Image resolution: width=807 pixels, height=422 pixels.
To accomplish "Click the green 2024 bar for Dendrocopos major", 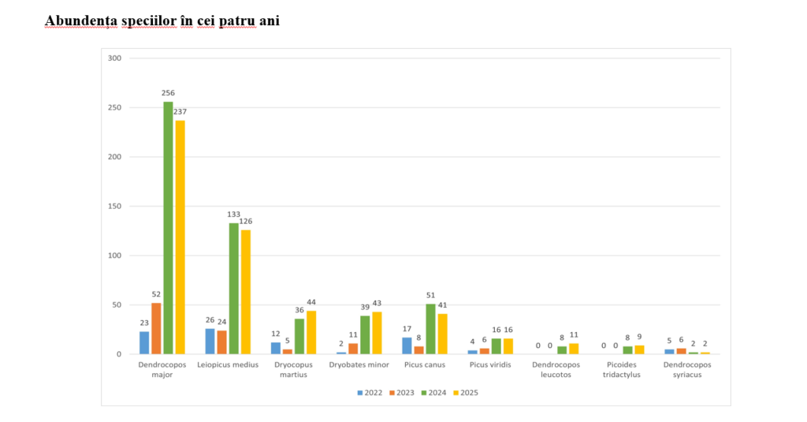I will point(168,228).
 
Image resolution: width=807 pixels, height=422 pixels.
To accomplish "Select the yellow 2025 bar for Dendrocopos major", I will point(180,237).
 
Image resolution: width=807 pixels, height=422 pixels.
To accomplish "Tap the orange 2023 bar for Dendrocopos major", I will point(156,328).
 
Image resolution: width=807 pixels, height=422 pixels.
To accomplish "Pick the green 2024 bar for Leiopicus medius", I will point(233,289).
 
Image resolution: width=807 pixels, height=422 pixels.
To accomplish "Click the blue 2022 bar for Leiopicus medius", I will point(210,342).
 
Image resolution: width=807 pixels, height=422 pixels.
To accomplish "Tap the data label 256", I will point(168,93).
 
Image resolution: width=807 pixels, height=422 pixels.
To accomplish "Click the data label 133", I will point(233,215).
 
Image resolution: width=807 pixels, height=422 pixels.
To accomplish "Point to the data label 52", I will point(156,294).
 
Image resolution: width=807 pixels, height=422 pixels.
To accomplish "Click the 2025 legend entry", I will point(465,392).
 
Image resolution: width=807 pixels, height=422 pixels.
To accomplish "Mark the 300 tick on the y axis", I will point(114,58).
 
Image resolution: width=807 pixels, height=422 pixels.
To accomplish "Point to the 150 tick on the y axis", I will point(114,207).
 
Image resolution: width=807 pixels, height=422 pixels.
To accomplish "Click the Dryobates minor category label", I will point(358,364).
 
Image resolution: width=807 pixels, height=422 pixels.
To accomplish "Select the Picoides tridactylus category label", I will point(622,369).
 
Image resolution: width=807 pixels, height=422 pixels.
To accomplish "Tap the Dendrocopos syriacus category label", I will point(687,369).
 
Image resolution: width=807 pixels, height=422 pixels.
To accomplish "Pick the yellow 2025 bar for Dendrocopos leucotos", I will point(574,349).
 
